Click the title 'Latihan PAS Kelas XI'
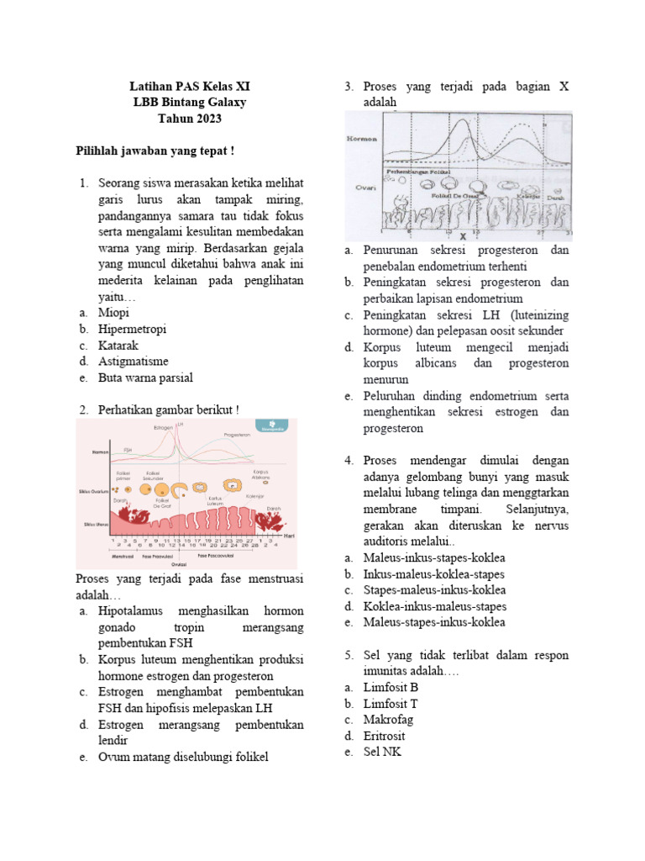(190, 87)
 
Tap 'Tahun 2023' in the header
(190, 119)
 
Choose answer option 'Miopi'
(114, 313)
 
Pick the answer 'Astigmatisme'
(134, 361)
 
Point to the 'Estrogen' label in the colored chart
(165, 429)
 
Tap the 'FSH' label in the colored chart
(128, 450)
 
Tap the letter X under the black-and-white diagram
(463, 237)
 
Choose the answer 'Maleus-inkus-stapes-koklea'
(434, 557)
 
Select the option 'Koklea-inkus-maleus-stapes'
(434, 606)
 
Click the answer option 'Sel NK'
(382, 752)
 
